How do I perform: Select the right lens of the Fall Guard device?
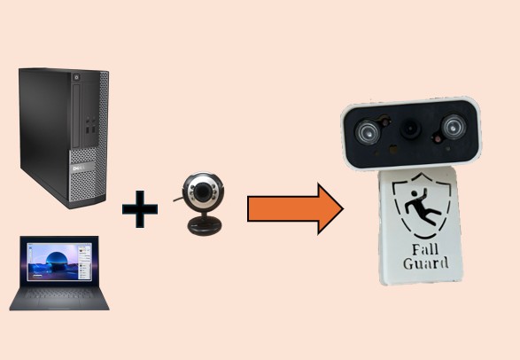pos(452,128)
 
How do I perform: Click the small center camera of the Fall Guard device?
pos(410,129)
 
